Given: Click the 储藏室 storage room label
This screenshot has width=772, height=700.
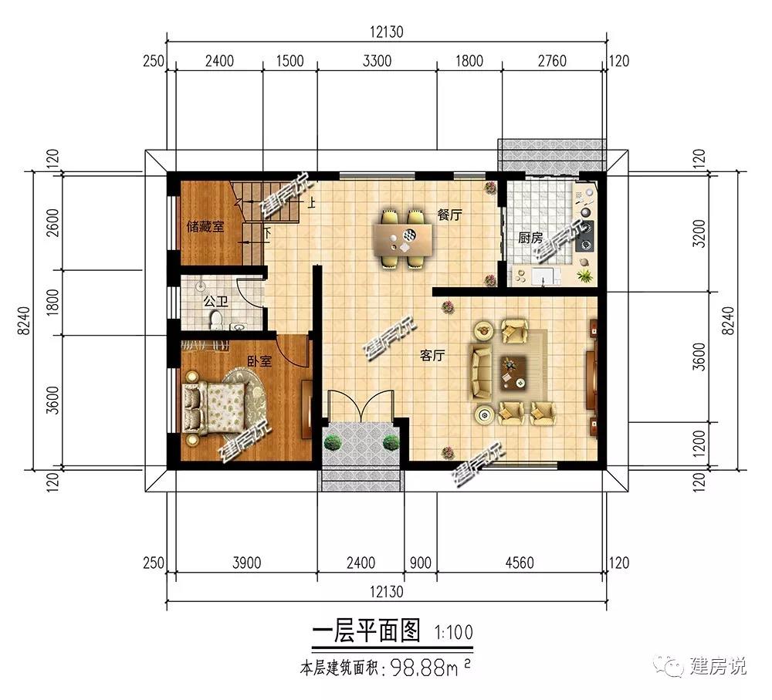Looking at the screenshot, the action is click(x=205, y=226).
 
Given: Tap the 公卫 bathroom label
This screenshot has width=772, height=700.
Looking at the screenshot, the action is click(x=216, y=301).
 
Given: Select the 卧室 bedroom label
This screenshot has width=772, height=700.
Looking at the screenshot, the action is click(x=259, y=361).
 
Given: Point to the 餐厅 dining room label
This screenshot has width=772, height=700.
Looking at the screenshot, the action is click(x=450, y=215).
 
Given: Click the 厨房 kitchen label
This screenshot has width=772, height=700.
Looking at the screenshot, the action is click(x=530, y=238).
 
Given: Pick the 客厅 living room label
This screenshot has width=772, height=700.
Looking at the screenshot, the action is click(x=433, y=355).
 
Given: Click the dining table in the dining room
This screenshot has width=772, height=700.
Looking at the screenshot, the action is click(x=403, y=240).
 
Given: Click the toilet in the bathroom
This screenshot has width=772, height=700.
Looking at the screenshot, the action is click(x=215, y=320).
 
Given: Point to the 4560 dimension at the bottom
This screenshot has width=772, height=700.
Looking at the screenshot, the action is click(x=520, y=563).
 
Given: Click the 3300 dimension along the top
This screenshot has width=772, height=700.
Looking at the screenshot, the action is click(x=378, y=61).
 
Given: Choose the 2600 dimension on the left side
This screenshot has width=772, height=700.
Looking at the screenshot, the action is click(x=52, y=223).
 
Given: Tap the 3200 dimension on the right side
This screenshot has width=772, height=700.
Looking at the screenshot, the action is click(x=699, y=233).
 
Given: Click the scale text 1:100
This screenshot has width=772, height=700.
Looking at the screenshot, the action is click(x=453, y=632).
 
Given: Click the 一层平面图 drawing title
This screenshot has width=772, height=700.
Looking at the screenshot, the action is click(x=366, y=631).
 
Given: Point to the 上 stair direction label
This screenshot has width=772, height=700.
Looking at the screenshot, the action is click(x=311, y=202).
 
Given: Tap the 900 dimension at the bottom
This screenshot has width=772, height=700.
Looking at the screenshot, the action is click(x=421, y=563).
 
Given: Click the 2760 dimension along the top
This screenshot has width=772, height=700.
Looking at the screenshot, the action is click(x=552, y=61).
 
